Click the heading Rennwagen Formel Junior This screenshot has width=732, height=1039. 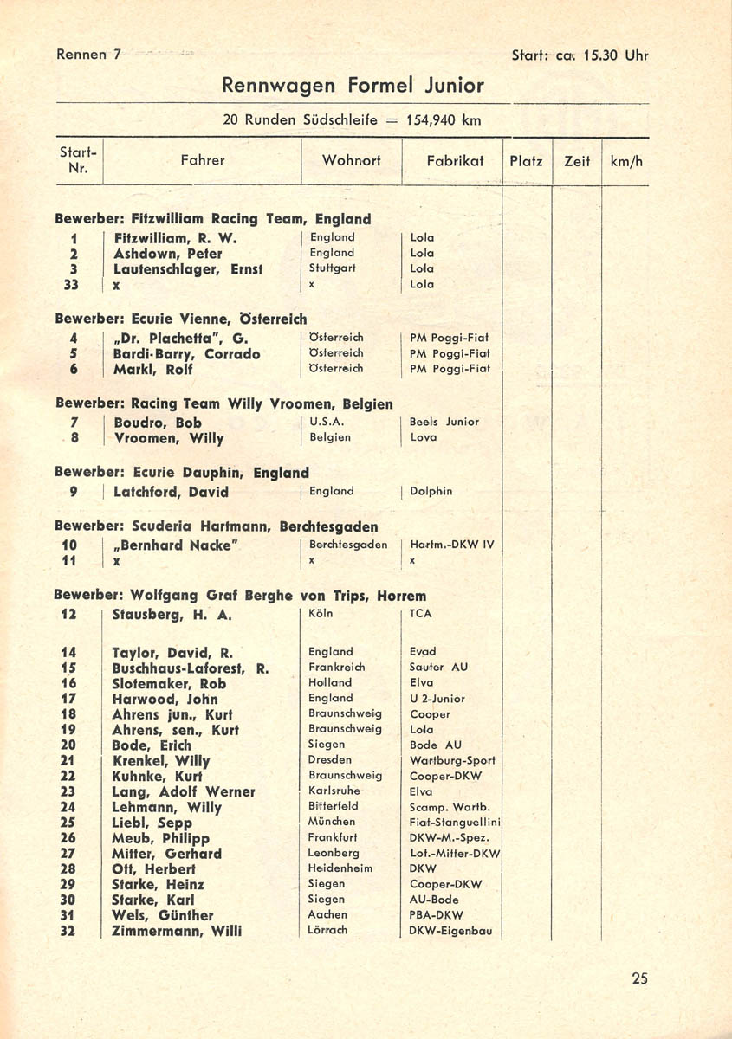click(353, 86)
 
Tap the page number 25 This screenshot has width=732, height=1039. click(639, 979)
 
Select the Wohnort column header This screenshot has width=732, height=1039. click(351, 160)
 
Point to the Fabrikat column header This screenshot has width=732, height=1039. click(455, 160)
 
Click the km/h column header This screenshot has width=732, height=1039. click(625, 161)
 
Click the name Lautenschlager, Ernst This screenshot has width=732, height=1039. click(187, 269)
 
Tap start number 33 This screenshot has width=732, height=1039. click(72, 284)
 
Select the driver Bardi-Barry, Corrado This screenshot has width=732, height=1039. click(186, 354)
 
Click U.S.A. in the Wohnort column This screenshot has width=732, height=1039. click(327, 422)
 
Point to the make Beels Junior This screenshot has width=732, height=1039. click(444, 422)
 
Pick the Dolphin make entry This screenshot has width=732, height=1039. click(431, 491)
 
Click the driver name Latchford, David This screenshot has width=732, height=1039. click(171, 492)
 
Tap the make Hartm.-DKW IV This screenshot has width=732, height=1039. click(451, 545)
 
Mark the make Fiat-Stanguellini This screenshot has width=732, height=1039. click(456, 822)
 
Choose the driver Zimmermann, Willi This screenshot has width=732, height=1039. click(177, 931)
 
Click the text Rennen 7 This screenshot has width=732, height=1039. click(88, 55)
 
